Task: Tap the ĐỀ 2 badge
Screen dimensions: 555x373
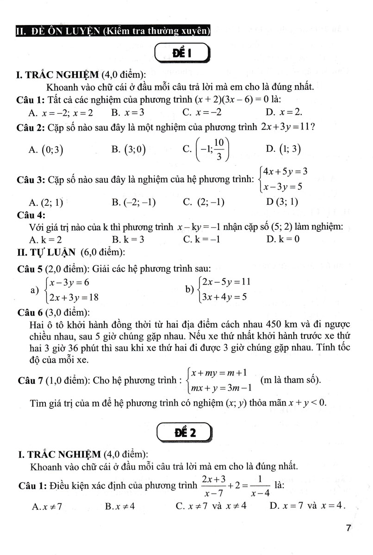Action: [x=184, y=433]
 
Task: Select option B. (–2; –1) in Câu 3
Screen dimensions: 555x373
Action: [x=134, y=202]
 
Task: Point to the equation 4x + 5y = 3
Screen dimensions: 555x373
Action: [x=286, y=172]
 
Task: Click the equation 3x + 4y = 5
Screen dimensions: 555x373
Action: [x=224, y=297]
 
